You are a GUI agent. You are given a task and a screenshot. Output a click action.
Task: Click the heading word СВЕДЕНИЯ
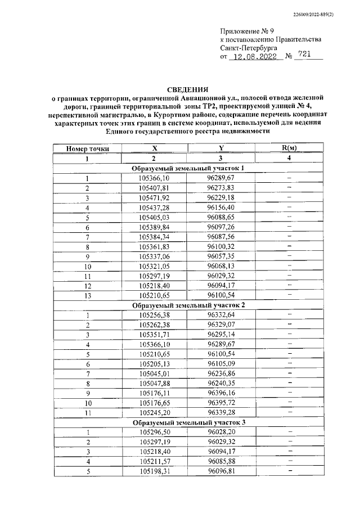(188, 89)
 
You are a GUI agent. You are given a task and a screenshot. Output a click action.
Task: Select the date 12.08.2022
(256, 57)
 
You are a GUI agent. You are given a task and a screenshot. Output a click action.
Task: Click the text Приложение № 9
(245, 31)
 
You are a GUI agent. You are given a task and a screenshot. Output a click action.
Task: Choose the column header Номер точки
(87, 148)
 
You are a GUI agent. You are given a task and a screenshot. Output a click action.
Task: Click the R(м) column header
(289, 148)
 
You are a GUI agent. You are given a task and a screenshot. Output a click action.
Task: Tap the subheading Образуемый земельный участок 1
(188, 169)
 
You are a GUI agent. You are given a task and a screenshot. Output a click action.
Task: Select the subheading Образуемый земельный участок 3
(188, 422)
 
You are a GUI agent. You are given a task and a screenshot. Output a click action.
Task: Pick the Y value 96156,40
(221, 208)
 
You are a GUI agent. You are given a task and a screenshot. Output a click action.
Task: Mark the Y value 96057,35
(221, 256)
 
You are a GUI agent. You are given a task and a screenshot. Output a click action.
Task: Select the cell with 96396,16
(221, 393)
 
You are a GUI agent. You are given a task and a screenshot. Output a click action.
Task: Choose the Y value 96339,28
(221, 412)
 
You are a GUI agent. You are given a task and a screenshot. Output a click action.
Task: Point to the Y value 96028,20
(221, 431)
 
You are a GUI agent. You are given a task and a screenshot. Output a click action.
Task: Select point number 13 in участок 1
(87, 295)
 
